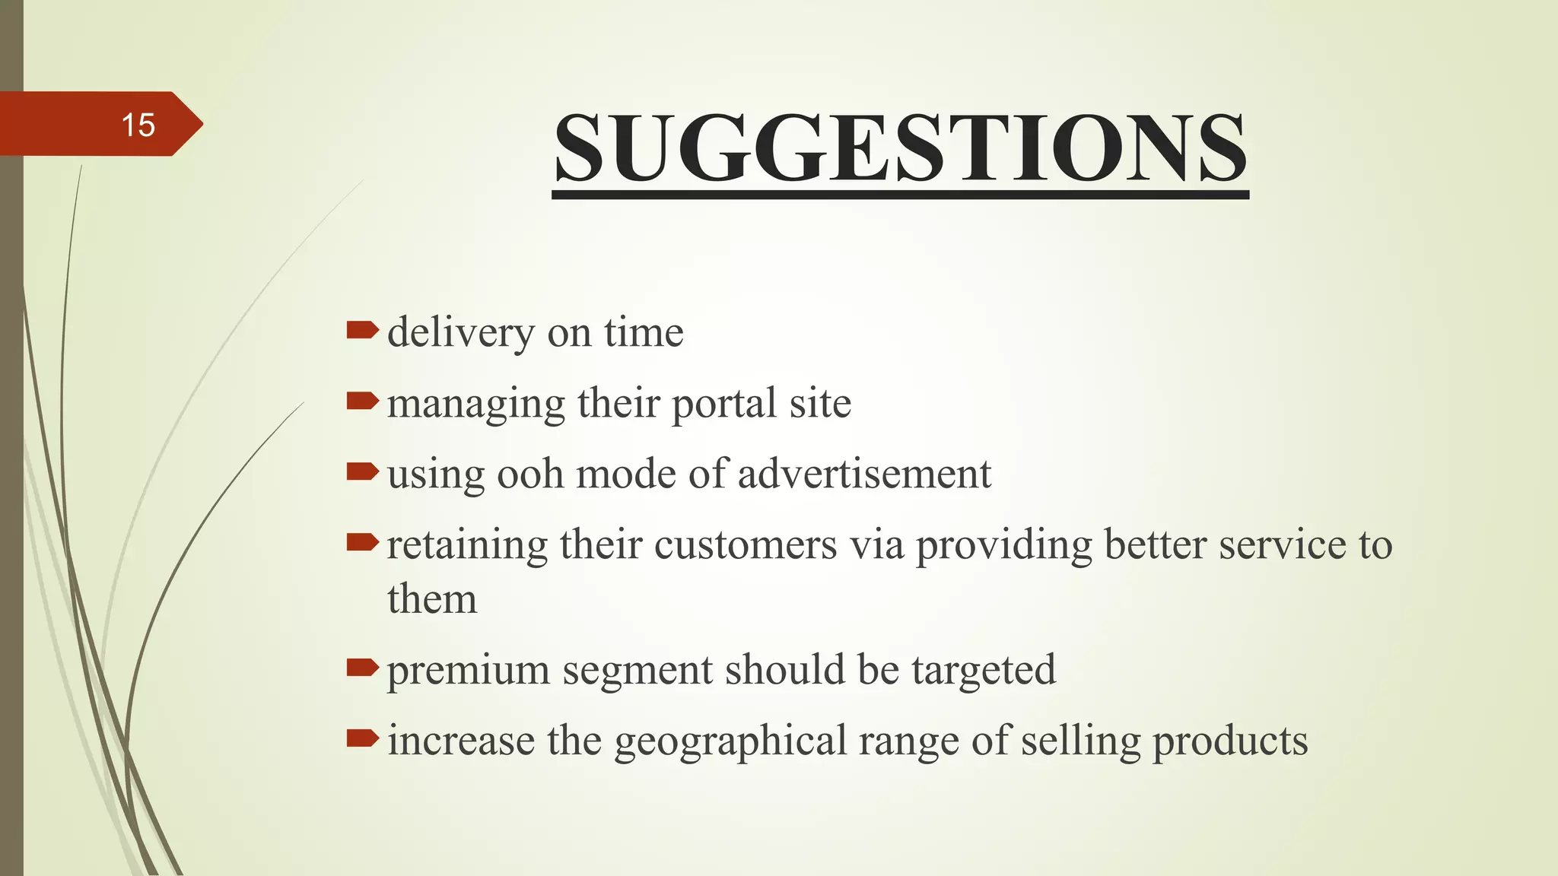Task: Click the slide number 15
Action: point(138,125)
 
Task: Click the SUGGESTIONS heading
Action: point(900,148)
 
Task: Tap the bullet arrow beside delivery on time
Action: point(362,330)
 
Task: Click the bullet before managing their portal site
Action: point(362,401)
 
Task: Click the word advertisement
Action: point(864,474)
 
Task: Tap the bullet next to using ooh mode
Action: point(362,471)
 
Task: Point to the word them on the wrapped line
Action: point(432,598)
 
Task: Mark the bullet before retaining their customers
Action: point(362,542)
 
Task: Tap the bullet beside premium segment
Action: point(362,668)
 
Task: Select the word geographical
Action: point(730,741)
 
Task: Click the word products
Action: point(1230,741)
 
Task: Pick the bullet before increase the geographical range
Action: point(362,738)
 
